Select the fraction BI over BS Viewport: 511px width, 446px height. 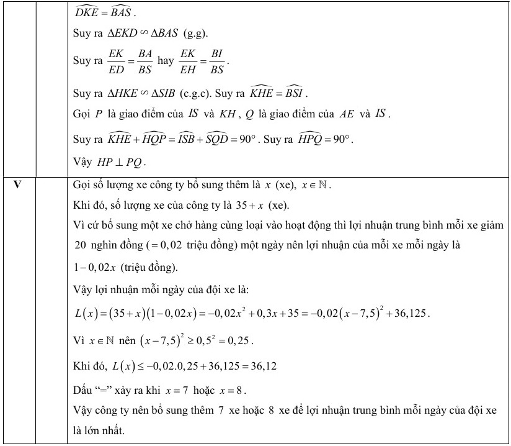pos(216,62)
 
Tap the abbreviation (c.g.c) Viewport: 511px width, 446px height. pos(196,94)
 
